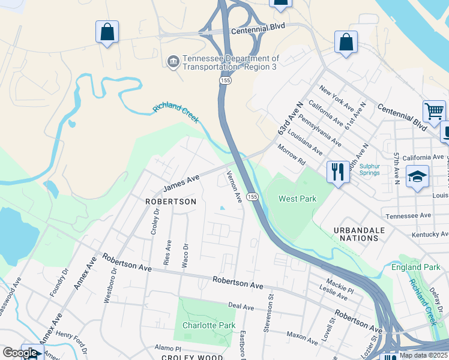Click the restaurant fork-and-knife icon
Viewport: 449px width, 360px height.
click(x=338, y=172)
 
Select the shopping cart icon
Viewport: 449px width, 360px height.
click(x=433, y=111)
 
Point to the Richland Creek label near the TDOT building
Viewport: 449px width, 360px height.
click(x=175, y=113)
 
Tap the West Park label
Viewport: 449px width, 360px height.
click(x=297, y=199)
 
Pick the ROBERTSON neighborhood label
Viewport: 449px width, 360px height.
click(x=170, y=202)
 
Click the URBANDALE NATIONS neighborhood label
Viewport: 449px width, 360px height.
click(x=356, y=234)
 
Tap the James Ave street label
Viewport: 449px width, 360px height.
click(x=181, y=180)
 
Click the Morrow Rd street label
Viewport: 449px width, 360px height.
click(x=291, y=155)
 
